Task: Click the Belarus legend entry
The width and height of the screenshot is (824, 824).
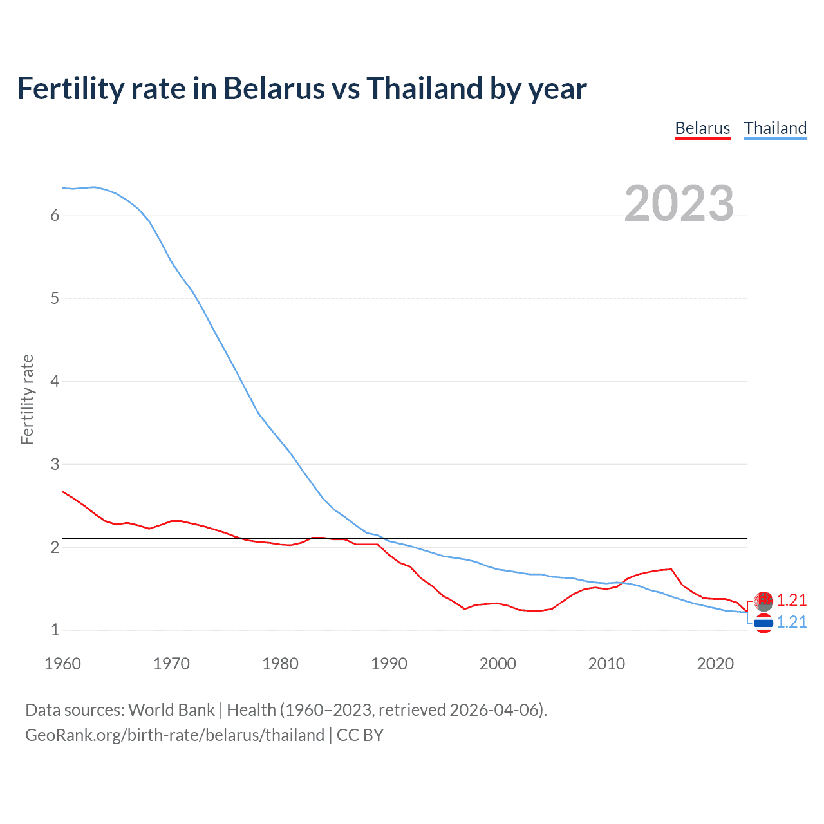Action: pyautogui.click(x=702, y=128)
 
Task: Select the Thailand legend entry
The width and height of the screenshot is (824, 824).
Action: pyautogui.click(x=775, y=128)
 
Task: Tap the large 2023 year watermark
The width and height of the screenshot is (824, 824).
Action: pyautogui.click(x=679, y=203)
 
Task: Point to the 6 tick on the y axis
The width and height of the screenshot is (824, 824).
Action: pyautogui.click(x=55, y=216)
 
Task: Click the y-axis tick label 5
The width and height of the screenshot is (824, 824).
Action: pyautogui.click(x=55, y=299)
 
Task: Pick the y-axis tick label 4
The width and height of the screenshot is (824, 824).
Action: pyautogui.click(x=55, y=381)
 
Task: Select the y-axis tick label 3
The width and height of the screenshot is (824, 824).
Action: pyautogui.click(x=55, y=464)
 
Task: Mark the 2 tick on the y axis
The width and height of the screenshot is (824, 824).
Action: pyautogui.click(x=55, y=547)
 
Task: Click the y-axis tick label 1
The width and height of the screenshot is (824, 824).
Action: pyautogui.click(x=55, y=630)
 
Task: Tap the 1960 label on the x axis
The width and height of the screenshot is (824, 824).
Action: pyautogui.click(x=62, y=664)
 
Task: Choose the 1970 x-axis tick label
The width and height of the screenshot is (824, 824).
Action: pyautogui.click(x=171, y=664)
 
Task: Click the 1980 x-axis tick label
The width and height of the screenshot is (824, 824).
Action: pyautogui.click(x=280, y=664)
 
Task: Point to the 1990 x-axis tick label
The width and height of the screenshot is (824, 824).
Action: pyautogui.click(x=389, y=664)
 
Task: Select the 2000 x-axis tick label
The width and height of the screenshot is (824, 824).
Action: pyautogui.click(x=498, y=664)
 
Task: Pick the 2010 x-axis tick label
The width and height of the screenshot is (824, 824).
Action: pyautogui.click(x=606, y=664)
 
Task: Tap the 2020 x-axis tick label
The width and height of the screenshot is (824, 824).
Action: pyautogui.click(x=715, y=664)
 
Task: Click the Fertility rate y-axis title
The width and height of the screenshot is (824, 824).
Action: pyautogui.click(x=27, y=399)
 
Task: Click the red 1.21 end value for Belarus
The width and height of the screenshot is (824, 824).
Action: pyautogui.click(x=791, y=600)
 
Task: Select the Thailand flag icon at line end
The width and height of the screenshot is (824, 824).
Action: pyautogui.click(x=763, y=623)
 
